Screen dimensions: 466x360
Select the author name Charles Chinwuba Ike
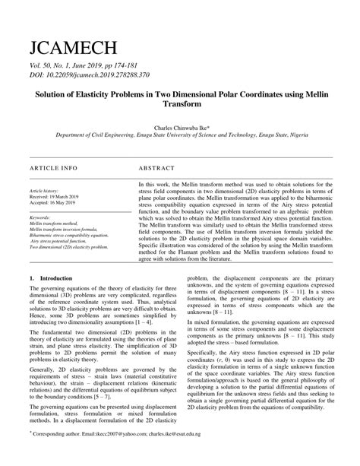click(x=179, y=129)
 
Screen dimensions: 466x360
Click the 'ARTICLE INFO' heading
click(x=53, y=166)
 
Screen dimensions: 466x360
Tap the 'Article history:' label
click(x=45, y=192)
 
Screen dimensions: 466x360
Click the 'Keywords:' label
click(x=40, y=218)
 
